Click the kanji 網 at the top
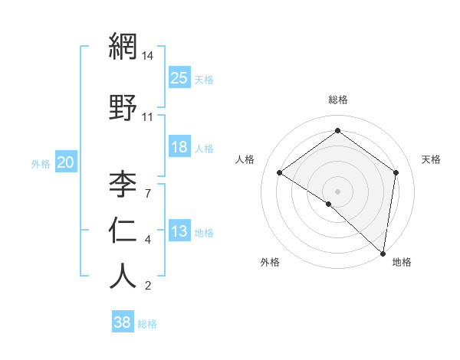(123, 47)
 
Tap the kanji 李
(123, 184)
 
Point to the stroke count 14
(148, 56)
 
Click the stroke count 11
(148, 117)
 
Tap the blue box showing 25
(179, 77)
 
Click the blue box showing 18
(179, 147)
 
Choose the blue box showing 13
(179, 231)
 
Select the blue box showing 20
(66, 162)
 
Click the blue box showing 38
(123, 322)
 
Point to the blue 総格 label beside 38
(147, 324)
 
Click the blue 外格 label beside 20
(41, 163)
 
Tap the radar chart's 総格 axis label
(338, 100)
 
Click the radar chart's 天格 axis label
(431, 159)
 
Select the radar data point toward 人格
(280, 172)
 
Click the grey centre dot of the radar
(337, 191)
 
